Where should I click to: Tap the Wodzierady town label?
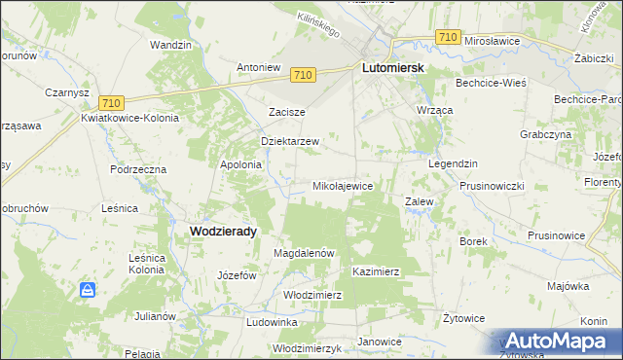tap(218, 231)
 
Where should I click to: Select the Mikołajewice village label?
tap(342, 185)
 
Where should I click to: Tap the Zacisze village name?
tap(287, 112)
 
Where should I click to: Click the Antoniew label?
tap(259, 68)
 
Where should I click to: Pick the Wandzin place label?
tap(169, 45)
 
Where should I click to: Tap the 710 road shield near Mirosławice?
tap(448, 37)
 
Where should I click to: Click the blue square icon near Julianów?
tap(88, 290)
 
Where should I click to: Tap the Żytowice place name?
tap(463, 317)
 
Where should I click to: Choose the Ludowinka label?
tap(272, 321)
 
